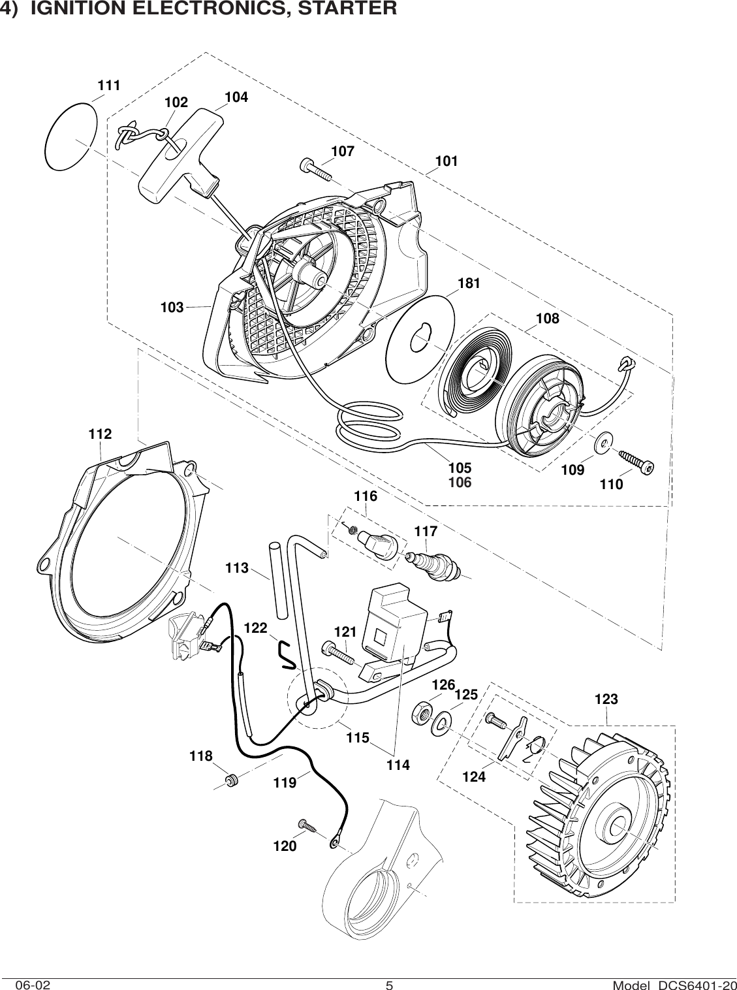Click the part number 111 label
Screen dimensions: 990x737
coord(109,85)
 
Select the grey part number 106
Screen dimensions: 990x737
coord(460,483)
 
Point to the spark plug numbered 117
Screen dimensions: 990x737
coord(434,562)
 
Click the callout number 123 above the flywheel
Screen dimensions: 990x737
coord(606,699)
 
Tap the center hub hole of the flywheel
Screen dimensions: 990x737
coord(618,826)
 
